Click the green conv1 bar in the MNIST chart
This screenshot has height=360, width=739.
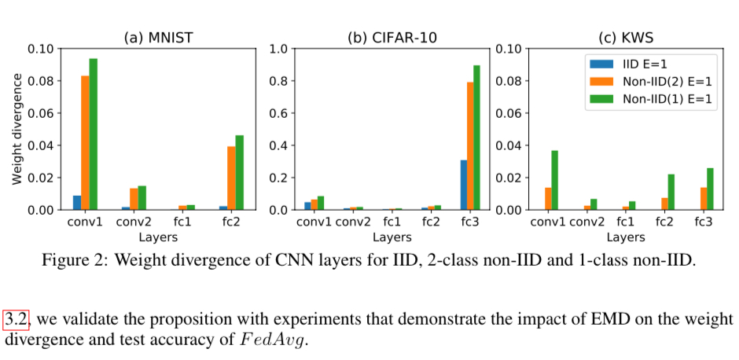coord(94,134)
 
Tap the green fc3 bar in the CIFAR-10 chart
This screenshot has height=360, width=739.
coord(476,138)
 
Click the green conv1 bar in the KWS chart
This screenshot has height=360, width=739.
coord(554,180)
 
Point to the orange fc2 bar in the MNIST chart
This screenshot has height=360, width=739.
coord(231,178)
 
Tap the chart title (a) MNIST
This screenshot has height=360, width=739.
coord(159,37)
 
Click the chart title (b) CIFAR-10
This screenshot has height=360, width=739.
coord(393,37)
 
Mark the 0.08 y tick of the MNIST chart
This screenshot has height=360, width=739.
coord(41,81)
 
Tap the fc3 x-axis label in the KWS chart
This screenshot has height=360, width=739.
coord(704,222)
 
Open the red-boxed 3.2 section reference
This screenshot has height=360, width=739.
coord(16,319)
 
